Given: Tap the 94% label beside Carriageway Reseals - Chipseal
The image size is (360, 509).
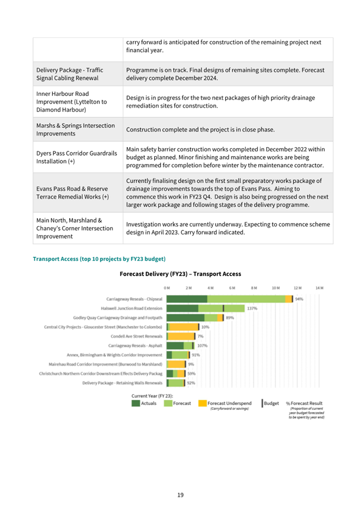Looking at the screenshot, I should point(299,299).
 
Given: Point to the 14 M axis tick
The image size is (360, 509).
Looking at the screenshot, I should point(319,288).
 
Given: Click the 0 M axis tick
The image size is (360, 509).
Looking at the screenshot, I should point(167,288).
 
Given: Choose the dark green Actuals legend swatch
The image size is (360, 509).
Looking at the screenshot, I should point(136,403).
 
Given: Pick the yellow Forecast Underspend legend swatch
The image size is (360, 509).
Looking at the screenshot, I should point(202,403).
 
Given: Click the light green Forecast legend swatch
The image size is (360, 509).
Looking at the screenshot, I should point(167,403).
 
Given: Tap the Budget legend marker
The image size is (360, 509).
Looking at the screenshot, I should point(263,403).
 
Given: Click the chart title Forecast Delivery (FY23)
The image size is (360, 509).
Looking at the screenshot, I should point(180,274).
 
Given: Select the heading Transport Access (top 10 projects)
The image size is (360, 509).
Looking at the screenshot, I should point(99,259).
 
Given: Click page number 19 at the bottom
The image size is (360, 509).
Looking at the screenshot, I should point(180,495).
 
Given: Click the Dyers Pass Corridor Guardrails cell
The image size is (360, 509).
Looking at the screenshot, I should point(76,157).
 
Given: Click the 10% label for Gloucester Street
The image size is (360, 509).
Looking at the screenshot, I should point(205,327).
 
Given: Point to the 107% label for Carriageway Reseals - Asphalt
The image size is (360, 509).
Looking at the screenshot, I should point(202,345).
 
